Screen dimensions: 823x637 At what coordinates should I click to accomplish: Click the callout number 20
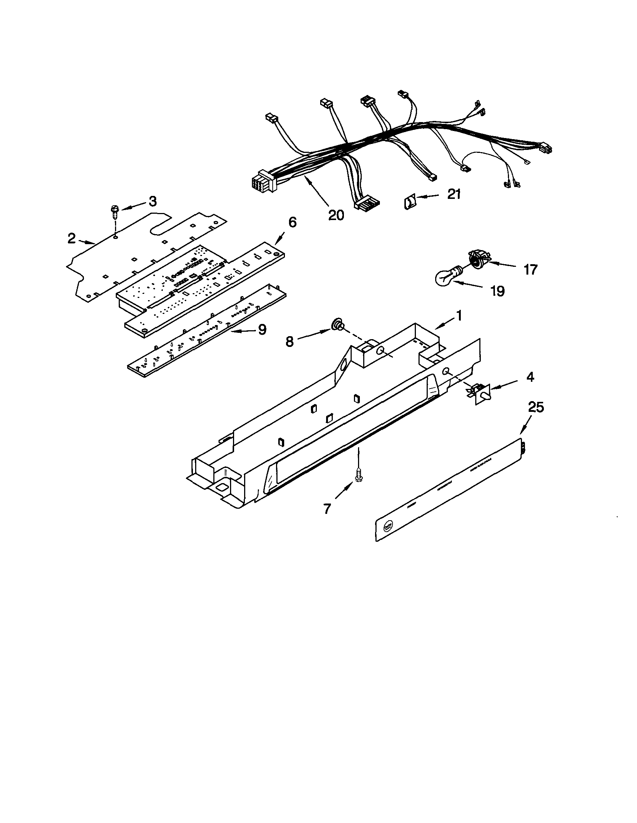336,215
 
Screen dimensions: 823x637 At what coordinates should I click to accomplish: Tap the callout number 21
454,194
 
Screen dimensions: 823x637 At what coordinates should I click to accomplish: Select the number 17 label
531,270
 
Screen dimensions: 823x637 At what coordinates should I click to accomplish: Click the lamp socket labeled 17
477,260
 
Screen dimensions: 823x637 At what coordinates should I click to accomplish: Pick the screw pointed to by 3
114,212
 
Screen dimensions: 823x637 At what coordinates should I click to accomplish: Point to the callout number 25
536,407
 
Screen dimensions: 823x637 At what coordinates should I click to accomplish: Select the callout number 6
292,222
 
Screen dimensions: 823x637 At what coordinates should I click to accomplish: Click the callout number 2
71,239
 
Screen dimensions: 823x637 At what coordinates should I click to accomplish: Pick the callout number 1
459,315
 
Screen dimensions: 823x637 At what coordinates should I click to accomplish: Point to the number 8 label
289,342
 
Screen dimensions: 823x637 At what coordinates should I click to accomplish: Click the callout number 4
530,377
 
